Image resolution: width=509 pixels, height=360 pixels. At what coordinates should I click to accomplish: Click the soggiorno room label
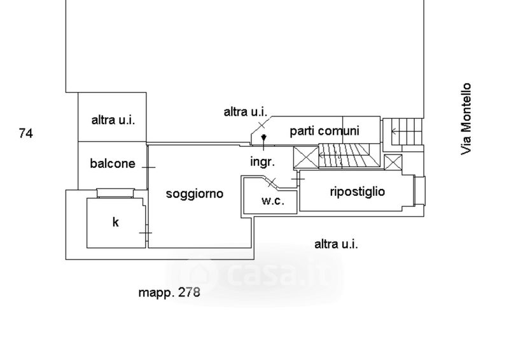195,194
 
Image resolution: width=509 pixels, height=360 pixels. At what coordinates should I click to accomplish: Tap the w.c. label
273,200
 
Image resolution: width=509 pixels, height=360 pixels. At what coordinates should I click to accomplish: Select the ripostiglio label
358,191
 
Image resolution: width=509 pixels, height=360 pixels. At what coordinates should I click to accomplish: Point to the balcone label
113,163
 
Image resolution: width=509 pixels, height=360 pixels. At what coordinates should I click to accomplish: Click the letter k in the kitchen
116,222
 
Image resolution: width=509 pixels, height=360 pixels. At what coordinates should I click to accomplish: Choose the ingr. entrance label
263,162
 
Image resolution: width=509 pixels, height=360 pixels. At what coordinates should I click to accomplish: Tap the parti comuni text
324,131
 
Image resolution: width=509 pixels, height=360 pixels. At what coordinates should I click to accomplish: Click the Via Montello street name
466,119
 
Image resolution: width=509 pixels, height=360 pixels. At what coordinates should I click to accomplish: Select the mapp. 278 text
169,293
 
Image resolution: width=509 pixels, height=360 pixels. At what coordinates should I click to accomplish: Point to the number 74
26,134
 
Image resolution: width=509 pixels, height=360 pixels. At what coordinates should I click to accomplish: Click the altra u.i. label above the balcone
113,120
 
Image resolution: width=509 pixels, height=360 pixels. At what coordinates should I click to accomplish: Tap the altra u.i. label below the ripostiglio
336,244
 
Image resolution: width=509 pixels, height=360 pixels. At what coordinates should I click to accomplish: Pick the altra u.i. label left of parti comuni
246,112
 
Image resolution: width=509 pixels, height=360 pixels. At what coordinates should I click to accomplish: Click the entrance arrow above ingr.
263,142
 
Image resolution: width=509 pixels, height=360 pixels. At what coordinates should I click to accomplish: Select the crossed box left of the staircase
306,158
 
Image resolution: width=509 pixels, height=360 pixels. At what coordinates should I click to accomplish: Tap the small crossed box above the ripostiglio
393,162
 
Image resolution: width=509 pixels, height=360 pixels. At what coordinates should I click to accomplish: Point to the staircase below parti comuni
344,155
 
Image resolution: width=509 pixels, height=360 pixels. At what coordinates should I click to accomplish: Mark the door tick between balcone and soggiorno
149,167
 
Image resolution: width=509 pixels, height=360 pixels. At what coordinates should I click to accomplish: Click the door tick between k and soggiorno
146,233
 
